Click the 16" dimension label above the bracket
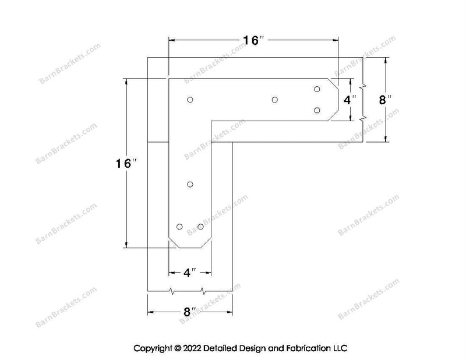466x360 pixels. click(253, 40)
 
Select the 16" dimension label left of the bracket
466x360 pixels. click(126, 163)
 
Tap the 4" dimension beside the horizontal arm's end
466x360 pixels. click(350, 100)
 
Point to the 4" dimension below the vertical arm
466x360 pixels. click(190, 272)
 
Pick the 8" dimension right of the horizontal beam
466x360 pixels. click(385, 100)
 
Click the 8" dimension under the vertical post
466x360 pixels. click(190, 312)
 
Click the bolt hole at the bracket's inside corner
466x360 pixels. click(190, 100)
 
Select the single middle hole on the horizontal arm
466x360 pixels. click(274, 100)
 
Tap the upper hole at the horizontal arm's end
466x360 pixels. click(317, 89)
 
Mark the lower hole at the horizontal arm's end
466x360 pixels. click(317, 110)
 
